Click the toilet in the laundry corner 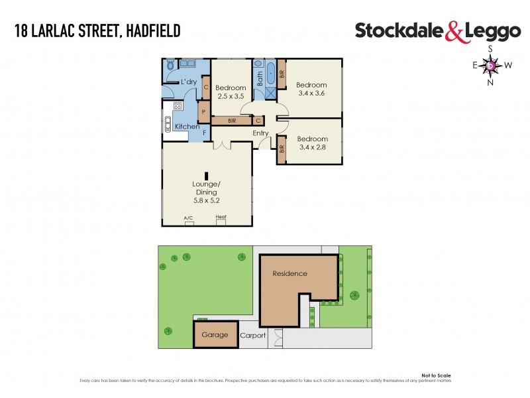point(170,65)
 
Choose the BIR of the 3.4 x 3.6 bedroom point(282,73)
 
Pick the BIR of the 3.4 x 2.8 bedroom point(282,149)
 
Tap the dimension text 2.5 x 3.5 point(231,96)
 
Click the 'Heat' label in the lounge point(221,218)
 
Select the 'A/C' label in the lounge point(189,218)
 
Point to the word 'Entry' point(260,133)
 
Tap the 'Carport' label point(252,336)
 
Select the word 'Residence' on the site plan point(290,273)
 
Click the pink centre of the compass point(490,65)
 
